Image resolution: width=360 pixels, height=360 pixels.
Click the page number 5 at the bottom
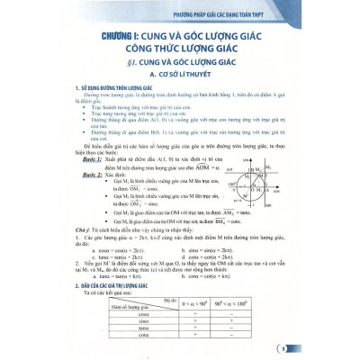point(334,346)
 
